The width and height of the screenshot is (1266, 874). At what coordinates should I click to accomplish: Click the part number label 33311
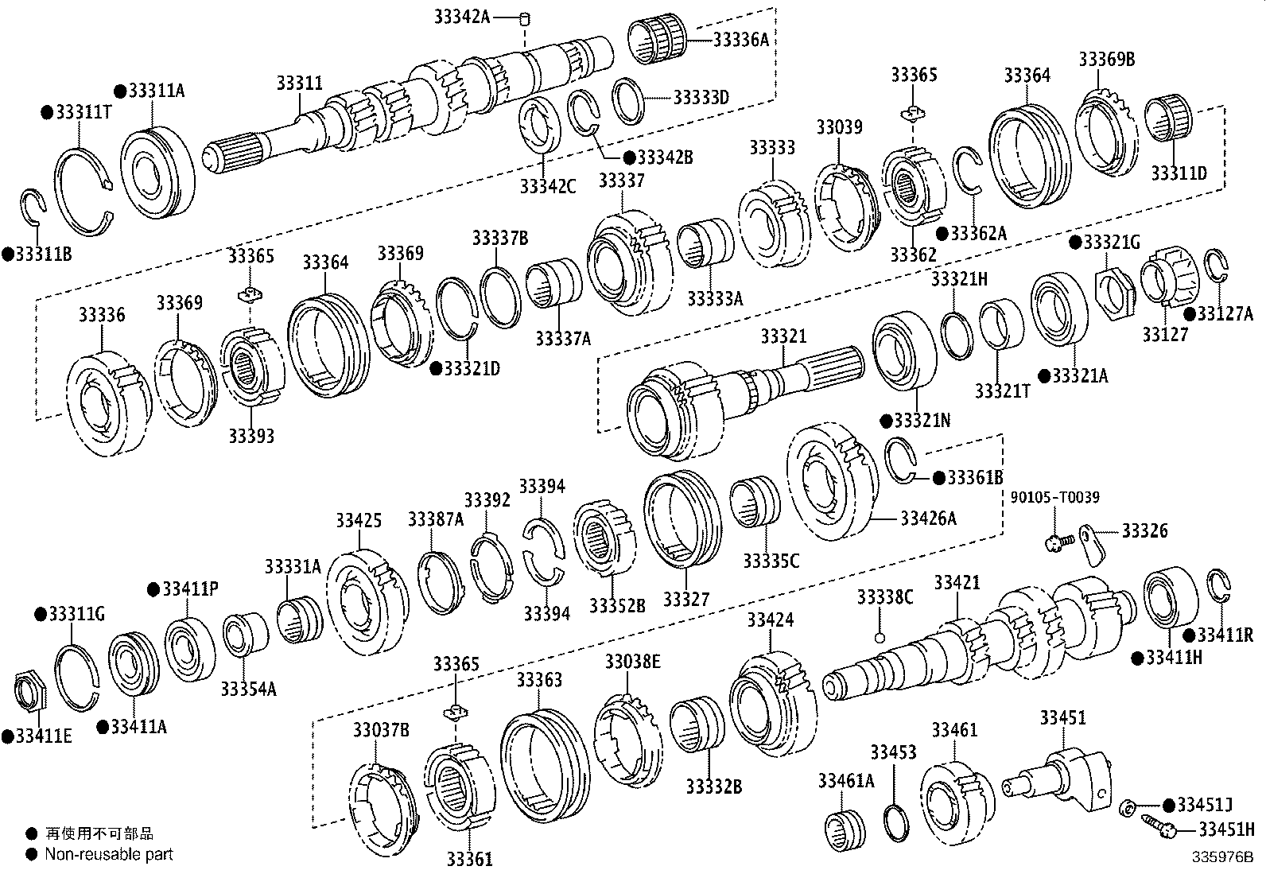click(300, 83)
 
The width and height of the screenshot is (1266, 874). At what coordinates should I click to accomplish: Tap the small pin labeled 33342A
click(524, 17)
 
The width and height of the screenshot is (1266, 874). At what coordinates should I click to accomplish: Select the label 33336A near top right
click(740, 38)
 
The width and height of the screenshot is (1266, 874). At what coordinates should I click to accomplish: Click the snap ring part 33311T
click(83, 192)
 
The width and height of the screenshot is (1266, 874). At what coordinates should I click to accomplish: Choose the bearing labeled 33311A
click(156, 171)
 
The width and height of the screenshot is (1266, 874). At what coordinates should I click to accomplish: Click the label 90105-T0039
click(1054, 498)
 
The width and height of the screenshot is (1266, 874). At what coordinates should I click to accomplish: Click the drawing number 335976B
click(1221, 857)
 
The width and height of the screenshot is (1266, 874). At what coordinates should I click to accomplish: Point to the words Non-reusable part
click(108, 855)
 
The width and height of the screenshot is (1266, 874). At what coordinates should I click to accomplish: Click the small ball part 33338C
click(879, 637)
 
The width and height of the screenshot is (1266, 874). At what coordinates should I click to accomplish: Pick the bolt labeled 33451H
click(1158, 827)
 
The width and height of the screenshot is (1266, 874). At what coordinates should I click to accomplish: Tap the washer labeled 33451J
click(1126, 808)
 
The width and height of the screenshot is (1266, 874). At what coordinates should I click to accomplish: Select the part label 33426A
click(928, 519)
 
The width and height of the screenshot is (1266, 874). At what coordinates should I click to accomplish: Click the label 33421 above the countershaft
click(957, 583)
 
